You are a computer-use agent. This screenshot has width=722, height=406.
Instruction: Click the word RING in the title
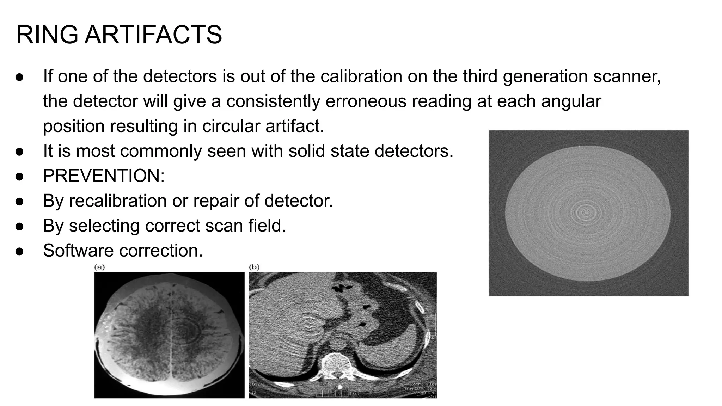coord(47,35)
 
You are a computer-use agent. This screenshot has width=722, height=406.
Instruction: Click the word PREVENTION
coord(104,176)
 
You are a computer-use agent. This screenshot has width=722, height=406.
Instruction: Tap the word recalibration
coord(118,201)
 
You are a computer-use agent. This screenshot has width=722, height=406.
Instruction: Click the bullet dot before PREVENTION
coord(19,176)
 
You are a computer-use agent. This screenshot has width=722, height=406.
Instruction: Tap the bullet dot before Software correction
coord(19,251)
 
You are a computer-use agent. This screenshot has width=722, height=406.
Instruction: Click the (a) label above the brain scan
coord(99,267)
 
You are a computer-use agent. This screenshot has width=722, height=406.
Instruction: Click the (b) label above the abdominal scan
coord(254,267)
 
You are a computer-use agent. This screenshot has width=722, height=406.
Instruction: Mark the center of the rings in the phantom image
coord(586,212)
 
